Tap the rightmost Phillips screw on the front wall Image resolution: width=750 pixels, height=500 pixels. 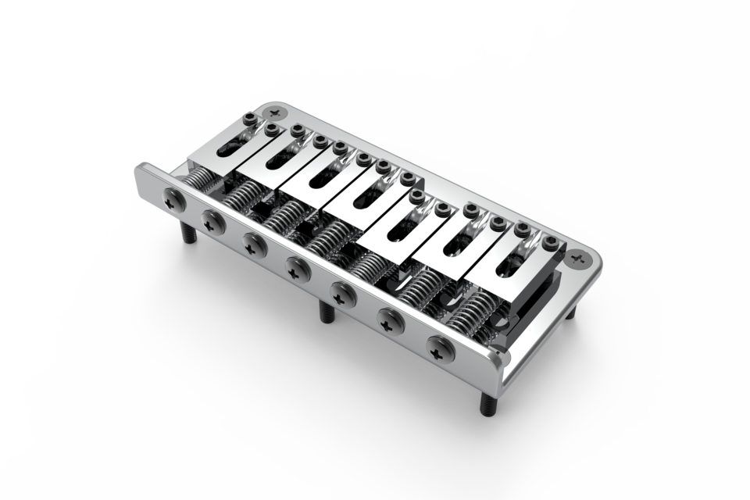click(x=441, y=348)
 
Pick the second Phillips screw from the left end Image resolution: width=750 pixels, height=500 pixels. click(x=212, y=221)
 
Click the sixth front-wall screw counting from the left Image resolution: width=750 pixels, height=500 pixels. click(x=391, y=320)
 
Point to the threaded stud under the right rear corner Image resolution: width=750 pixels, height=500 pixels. click(x=570, y=311)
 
